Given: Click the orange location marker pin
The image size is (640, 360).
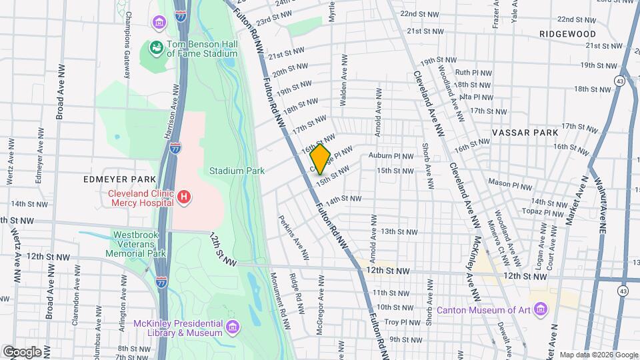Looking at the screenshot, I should click(x=320, y=159).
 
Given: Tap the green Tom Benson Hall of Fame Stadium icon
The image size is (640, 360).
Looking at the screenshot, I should click(x=156, y=48).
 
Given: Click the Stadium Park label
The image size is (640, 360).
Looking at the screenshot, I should click(x=237, y=171).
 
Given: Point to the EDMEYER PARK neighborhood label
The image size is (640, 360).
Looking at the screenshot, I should click(x=119, y=179).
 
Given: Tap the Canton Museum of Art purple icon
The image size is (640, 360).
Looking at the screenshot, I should click(x=540, y=310).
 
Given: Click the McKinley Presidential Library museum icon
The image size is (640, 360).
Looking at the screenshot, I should click(x=232, y=327).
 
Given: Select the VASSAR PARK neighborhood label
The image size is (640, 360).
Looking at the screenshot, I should click(x=524, y=133).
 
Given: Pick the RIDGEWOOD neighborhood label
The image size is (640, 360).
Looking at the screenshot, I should click(x=568, y=33).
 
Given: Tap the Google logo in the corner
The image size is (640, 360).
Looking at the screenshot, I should click(x=22, y=351).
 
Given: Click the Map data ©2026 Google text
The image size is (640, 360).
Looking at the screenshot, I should click(x=598, y=355).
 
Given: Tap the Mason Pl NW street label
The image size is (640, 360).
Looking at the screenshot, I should click(x=509, y=182).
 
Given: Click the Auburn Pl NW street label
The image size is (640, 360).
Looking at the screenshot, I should click(x=391, y=156).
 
